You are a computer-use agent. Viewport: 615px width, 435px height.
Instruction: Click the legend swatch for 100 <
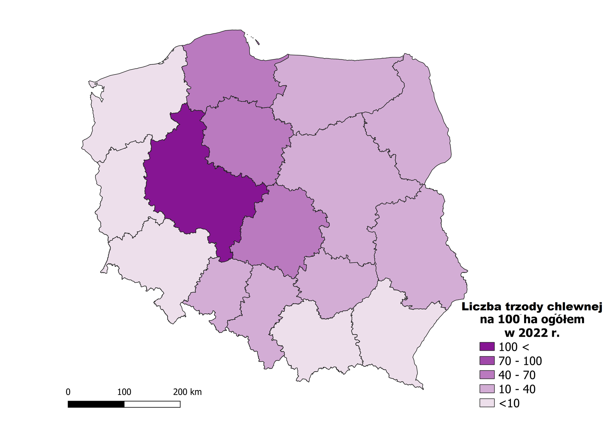click(x=487, y=347)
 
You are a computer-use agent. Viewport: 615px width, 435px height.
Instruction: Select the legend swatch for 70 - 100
click(x=487, y=361)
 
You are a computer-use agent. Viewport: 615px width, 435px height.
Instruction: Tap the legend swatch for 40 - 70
click(x=487, y=375)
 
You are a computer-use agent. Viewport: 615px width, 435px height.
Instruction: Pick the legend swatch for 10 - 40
click(x=487, y=389)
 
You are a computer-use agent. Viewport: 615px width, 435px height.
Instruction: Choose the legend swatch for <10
click(x=487, y=403)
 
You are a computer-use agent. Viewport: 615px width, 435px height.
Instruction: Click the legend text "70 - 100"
click(x=520, y=361)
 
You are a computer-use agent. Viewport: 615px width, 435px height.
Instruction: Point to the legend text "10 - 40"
click(x=517, y=389)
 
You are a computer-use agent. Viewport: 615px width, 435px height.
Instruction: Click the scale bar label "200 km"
click(x=187, y=392)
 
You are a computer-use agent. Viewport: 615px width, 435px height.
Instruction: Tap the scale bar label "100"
click(x=124, y=392)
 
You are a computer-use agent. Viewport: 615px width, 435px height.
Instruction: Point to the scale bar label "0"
click(x=68, y=392)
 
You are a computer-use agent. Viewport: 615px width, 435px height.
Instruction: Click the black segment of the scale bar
click(x=96, y=404)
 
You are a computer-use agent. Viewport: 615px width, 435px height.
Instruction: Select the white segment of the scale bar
click(x=152, y=404)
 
